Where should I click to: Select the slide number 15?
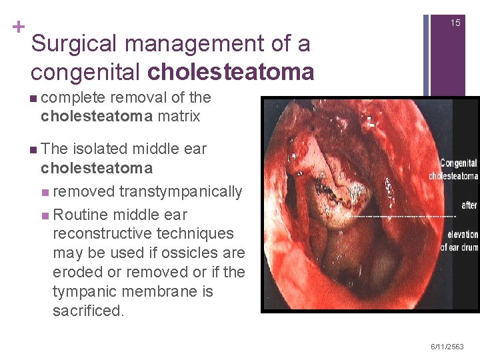click(455, 23)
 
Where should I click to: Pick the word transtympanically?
click(181, 192)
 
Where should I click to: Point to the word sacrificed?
click(88, 311)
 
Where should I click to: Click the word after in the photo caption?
click(469, 205)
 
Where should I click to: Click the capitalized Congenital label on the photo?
click(459, 162)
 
